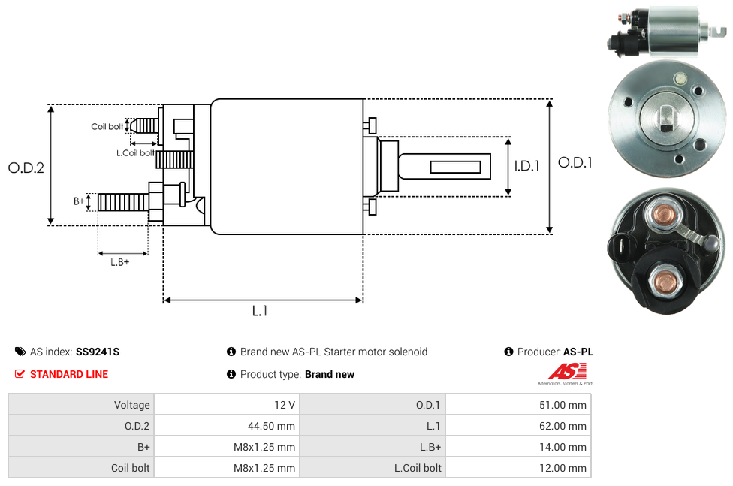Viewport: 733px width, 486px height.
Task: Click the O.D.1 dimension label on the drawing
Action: click(x=575, y=162)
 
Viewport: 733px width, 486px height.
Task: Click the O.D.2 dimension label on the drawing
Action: click(x=26, y=168)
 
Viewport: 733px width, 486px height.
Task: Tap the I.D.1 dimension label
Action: click(x=526, y=167)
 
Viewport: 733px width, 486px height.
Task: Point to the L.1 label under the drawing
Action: click(x=260, y=311)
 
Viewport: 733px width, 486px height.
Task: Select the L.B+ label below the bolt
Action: click(x=120, y=262)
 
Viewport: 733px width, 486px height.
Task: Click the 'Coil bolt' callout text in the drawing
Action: click(x=107, y=126)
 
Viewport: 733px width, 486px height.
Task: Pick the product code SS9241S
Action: click(x=98, y=352)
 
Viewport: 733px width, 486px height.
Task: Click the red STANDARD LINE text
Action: click(x=69, y=374)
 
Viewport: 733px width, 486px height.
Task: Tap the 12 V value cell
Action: click(x=285, y=405)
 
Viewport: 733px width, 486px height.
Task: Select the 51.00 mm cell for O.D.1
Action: click(x=563, y=405)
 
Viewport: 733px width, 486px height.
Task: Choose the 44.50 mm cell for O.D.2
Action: click(x=270, y=426)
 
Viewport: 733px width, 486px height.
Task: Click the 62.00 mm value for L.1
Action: click(x=563, y=426)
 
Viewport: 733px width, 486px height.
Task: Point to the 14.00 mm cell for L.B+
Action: click(x=563, y=447)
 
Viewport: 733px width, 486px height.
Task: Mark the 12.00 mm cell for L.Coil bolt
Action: click(x=563, y=468)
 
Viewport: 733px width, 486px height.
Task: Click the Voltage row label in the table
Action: click(x=132, y=405)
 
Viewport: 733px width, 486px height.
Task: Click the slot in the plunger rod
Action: click(x=456, y=166)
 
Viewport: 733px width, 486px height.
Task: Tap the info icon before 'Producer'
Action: click(x=508, y=352)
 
